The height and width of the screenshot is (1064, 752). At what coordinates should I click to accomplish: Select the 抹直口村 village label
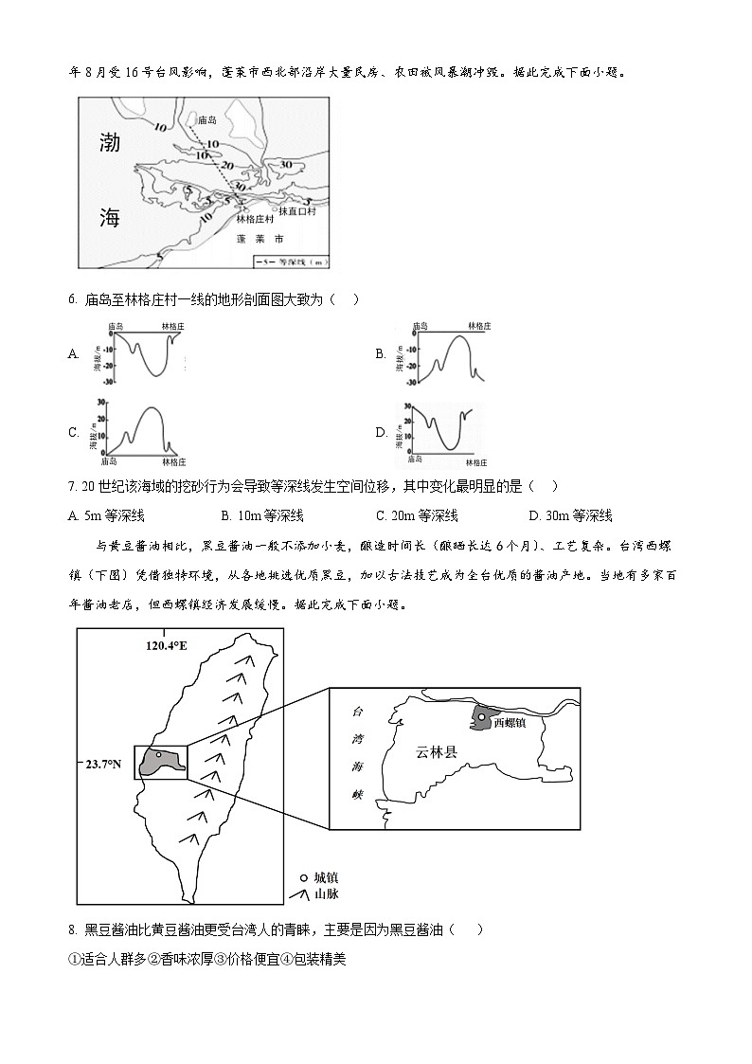tap(295, 210)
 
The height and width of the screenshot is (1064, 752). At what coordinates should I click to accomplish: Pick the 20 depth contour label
tap(225, 166)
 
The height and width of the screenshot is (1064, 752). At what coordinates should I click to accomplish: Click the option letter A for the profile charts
tap(73, 353)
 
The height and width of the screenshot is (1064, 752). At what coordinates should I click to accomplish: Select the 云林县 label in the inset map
tap(436, 752)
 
